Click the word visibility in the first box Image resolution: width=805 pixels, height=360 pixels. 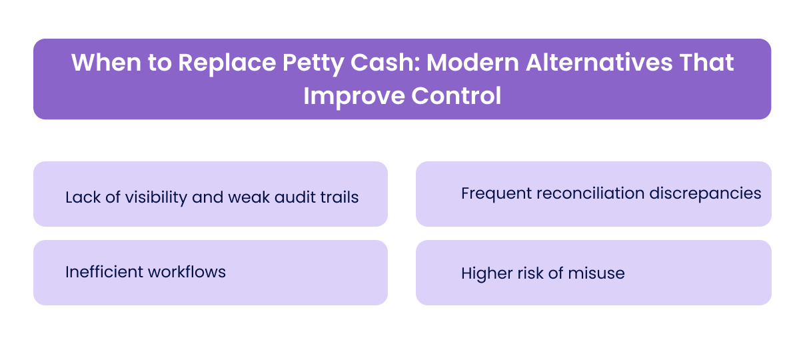155,197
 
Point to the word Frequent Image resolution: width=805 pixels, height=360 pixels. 494,193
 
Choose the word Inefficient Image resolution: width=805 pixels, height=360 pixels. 103,272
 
